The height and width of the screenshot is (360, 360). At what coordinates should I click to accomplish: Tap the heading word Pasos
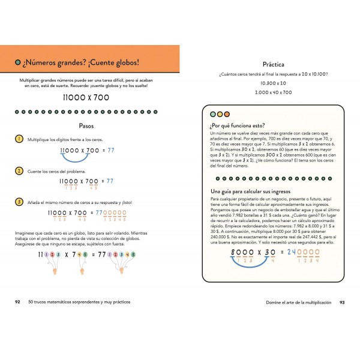pos(88,126)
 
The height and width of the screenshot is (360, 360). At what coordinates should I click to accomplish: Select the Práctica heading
pos(273,64)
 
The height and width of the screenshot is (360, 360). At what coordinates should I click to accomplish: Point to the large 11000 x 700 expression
pos(88,96)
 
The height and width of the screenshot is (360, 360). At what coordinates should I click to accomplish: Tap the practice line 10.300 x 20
pos(273,83)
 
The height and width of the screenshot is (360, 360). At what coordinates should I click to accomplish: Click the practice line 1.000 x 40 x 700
pos(273,92)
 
